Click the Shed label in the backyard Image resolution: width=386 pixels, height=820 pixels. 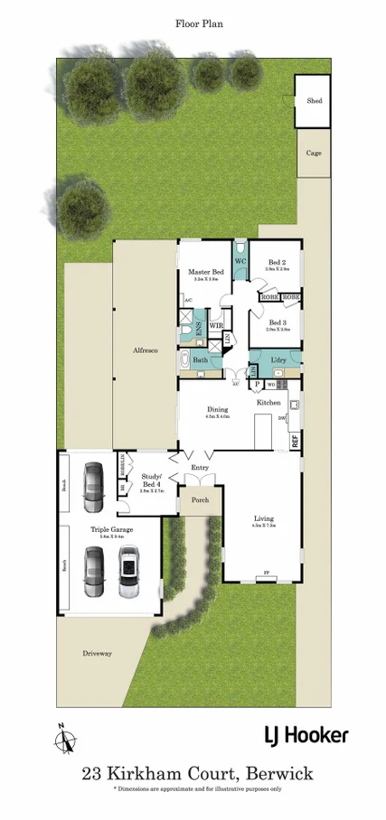coord(315,101)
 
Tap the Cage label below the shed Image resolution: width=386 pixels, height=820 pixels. coord(315,154)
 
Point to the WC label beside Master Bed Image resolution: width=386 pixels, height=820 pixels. coord(240,262)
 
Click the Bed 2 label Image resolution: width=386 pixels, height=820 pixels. coord(277,263)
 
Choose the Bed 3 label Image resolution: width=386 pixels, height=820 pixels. coord(278,323)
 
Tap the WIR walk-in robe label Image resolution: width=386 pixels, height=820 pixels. coord(216,325)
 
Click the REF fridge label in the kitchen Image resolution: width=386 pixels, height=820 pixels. coord(295,440)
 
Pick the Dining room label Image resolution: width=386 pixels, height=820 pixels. coord(218,410)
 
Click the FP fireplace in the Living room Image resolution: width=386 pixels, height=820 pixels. coord(266,573)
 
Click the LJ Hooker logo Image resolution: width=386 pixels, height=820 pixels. coord(306,735)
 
